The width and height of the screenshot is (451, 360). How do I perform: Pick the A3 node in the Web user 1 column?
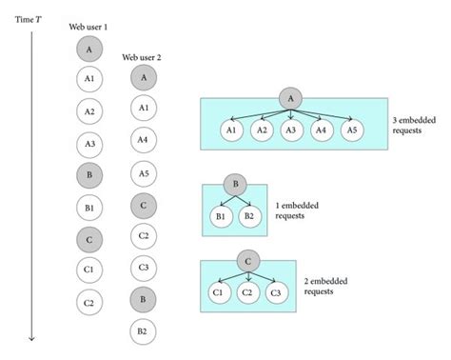point(88,144)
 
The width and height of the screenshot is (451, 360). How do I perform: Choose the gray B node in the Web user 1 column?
point(88,176)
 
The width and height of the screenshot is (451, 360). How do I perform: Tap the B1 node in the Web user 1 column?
point(88,208)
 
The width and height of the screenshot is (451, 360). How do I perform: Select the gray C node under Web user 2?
point(143,204)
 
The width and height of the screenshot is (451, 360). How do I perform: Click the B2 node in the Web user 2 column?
point(143,330)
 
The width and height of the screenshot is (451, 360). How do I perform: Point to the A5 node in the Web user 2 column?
point(143,172)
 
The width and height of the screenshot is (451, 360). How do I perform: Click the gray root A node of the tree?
point(290,96)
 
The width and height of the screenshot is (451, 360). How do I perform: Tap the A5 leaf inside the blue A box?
point(352,130)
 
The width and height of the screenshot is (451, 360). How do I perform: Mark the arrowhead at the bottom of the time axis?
point(32,336)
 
